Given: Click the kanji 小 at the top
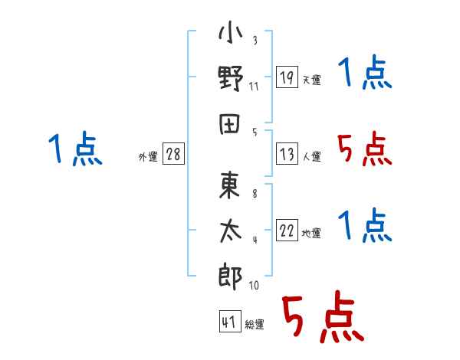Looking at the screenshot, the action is (231, 31).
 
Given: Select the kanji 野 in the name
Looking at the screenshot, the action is (231, 78).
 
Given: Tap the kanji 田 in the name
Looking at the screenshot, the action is (230, 124).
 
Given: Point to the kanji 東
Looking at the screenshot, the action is (230, 185).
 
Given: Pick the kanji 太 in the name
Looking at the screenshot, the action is (231, 231).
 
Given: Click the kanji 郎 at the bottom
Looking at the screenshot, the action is (230, 277).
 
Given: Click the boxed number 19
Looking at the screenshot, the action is (287, 77).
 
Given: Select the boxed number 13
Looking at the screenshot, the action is (287, 154).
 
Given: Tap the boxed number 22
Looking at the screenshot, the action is (287, 230).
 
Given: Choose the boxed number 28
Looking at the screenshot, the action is (173, 154).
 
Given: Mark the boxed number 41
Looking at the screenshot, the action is (230, 321).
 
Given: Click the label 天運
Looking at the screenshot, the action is (312, 80).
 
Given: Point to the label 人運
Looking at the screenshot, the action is (312, 156).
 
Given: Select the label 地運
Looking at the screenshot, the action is (311, 233).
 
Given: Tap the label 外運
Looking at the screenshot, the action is (148, 156).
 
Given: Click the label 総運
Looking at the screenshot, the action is (255, 324).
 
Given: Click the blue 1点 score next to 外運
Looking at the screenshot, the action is (75, 149).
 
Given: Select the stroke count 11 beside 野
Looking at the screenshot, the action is (254, 87).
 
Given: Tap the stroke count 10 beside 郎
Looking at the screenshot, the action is (254, 285).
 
